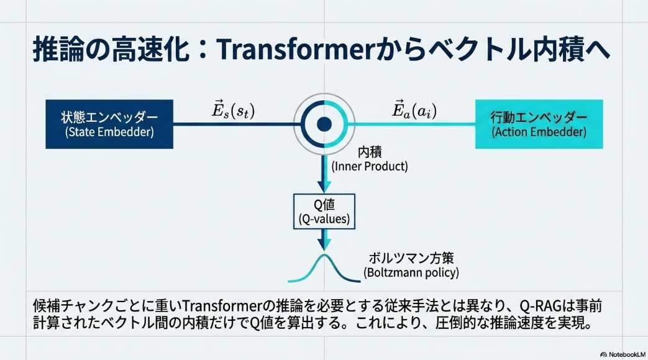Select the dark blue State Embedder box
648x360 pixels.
pyautogui.click(x=109, y=124)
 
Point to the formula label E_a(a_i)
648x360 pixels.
pyautogui.click(x=414, y=110)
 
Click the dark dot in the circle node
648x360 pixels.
pyautogui.click(x=324, y=124)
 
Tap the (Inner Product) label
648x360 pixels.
pyautogui.click(x=369, y=167)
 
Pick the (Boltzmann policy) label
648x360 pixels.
pyautogui.click(x=411, y=273)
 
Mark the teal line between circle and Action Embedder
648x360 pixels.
pyautogui.click(x=413, y=124)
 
